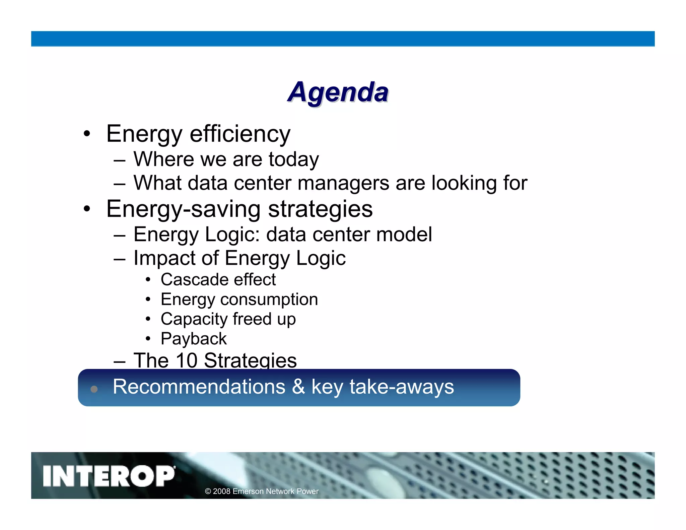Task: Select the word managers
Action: tap(343, 183)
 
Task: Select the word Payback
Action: tap(194, 339)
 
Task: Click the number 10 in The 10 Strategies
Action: tap(186, 360)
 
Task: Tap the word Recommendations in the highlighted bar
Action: tap(199, 387)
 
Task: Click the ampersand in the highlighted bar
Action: tap(298, 387)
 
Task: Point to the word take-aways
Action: tap(402, 387)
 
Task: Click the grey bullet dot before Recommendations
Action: tap(94, 389)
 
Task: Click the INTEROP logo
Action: tap(109, 476)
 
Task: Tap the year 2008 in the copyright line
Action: tap(221, 491)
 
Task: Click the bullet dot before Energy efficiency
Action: tap(87, 134)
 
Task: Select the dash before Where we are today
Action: tap(120, 160)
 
